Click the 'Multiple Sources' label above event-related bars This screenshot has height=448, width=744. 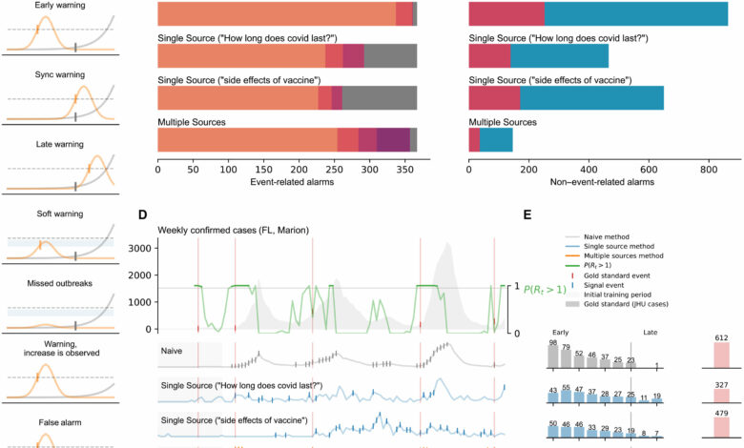click(191, 122)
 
